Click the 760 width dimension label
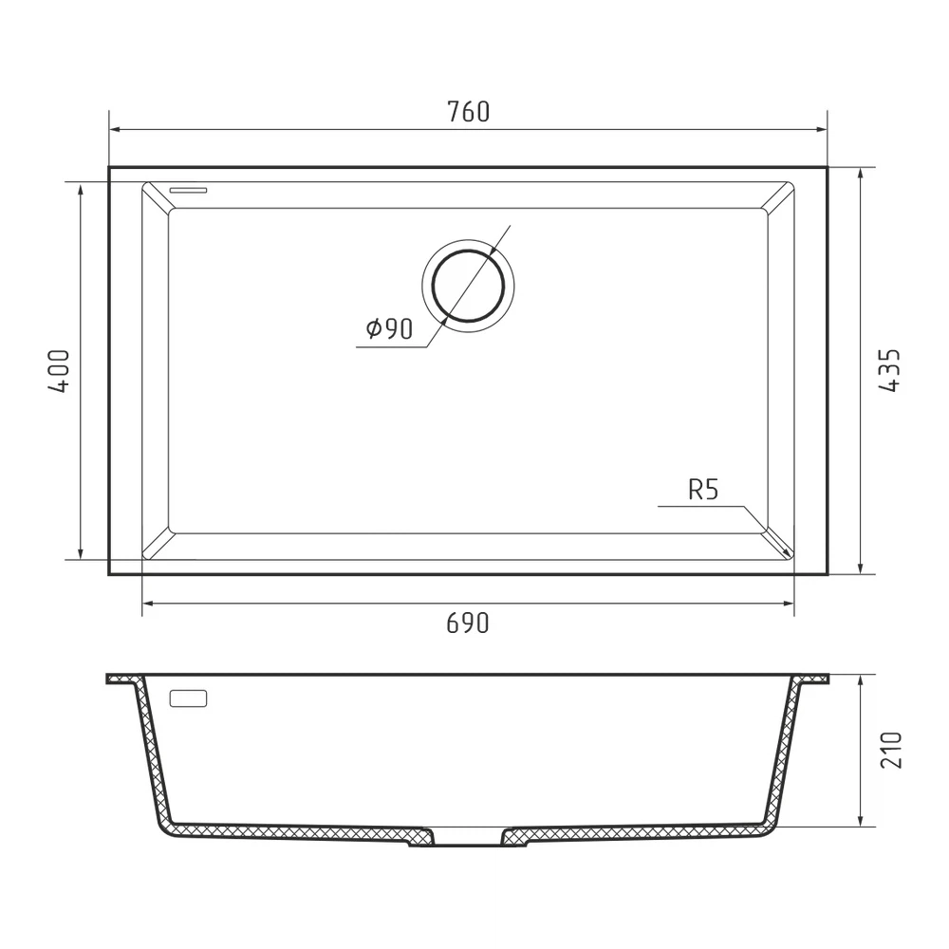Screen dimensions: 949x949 coord(469,112)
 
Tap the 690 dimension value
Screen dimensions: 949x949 coord(467,623)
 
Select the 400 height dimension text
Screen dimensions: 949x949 coord(59,371)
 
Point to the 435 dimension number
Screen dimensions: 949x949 coord(889,370)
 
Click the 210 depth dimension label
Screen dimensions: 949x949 coord(890,751)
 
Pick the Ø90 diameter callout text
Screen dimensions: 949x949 coord(389,328)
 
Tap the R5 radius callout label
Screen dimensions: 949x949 coord(703,490)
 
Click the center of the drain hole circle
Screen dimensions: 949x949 coord(468,285)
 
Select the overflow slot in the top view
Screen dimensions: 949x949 coord(188,190)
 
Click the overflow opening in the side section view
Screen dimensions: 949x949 coord(188,698)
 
